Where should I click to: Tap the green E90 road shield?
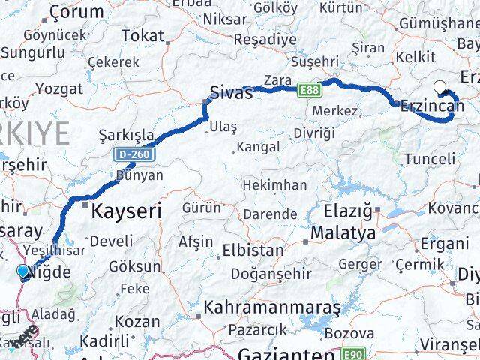(355, 352)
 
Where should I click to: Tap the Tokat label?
(142, 35)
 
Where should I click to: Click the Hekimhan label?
(278, 184)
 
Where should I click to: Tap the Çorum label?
(76, 12)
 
